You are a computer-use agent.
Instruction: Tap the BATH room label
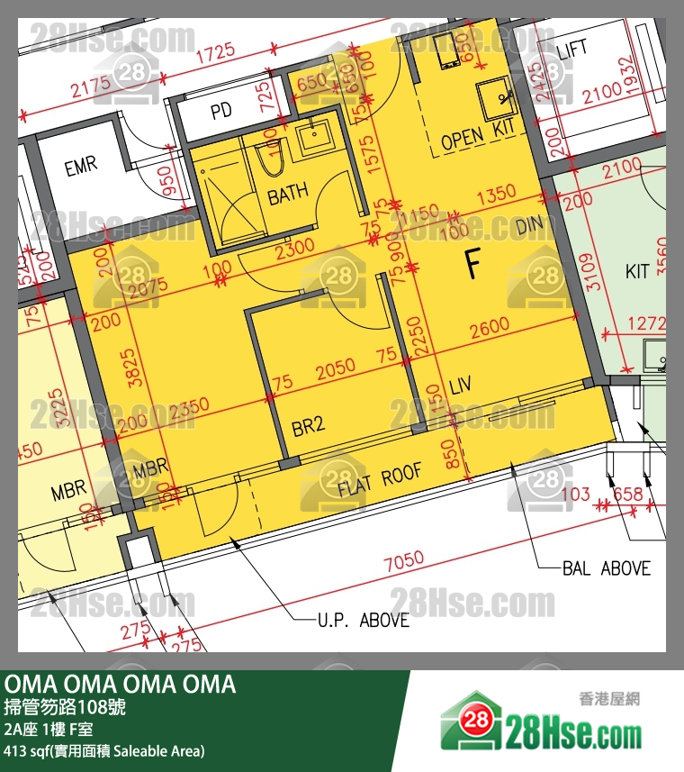pos(288,193)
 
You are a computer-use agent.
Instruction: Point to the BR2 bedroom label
pos(308,425)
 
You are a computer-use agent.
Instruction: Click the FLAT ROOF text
pos(380,481)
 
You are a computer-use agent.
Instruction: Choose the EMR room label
pos(80,166)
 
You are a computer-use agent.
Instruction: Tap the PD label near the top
pos(221,112)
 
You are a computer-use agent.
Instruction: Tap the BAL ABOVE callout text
pos(606,568)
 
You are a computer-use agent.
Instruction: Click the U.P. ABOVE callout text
pos(363,620)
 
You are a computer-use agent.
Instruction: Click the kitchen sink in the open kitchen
pos(493,95)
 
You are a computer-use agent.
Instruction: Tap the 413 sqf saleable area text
pos(104,750)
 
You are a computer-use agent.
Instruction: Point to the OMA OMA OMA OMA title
pos(121,685)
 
